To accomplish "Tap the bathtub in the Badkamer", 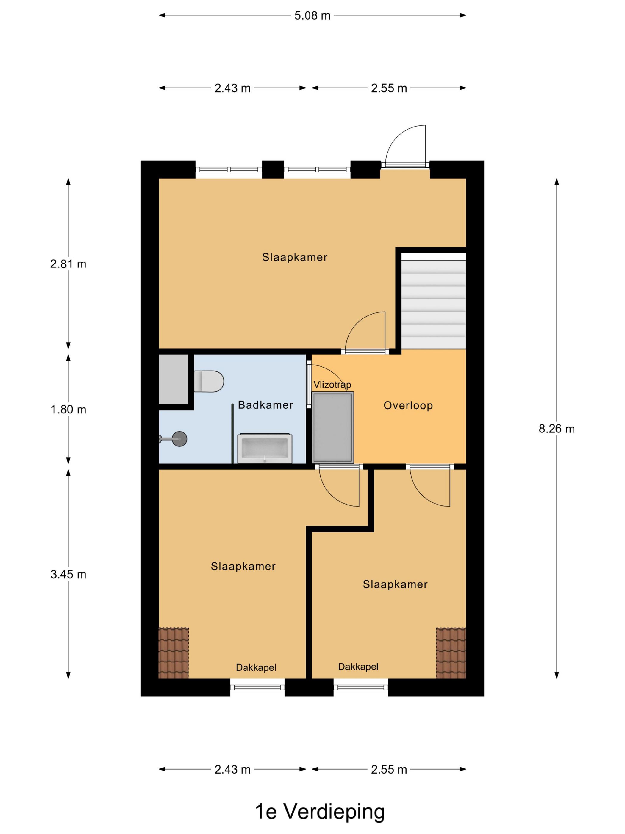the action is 265,448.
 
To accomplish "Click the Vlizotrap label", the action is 332,385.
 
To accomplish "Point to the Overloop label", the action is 408,405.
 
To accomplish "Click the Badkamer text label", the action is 265,405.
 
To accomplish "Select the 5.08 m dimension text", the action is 312,15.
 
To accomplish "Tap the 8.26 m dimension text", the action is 557,429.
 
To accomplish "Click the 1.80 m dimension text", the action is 68,410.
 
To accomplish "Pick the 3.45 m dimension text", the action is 68,574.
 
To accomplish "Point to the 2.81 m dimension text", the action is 68,264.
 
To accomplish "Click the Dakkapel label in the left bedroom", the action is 256,668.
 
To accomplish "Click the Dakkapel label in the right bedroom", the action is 358,667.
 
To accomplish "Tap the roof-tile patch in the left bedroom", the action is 173,653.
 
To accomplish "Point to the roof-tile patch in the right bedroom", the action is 451,653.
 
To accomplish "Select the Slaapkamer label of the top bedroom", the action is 295,257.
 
